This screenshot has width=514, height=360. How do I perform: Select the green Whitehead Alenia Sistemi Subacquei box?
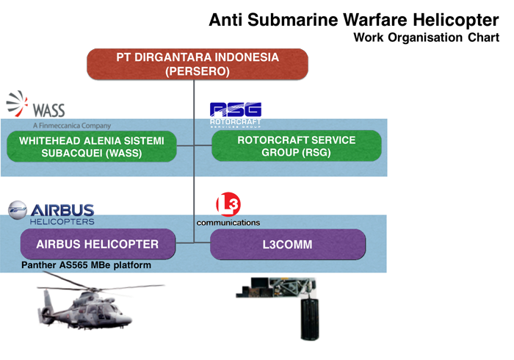click(x=91, y=146)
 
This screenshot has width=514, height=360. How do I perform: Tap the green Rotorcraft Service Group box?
click(x=296, y=146)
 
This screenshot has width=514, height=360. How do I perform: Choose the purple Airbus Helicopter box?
click(x=99, y=244)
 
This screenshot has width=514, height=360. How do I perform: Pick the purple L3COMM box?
click(x=287, y=244)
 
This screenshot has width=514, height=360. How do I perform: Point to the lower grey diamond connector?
click(x=194, y=195)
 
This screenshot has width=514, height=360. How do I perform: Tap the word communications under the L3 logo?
click(x=228, y=222)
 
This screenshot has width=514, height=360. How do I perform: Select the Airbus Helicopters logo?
click(x=51, y=210)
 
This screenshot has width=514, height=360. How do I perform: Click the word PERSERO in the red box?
click(x=198, y=72)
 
